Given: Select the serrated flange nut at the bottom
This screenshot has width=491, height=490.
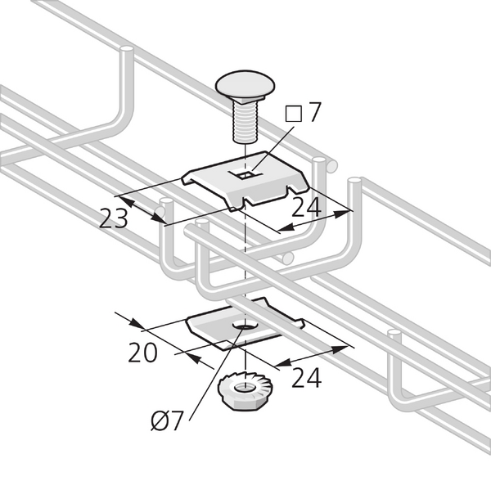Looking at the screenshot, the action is [245, 391].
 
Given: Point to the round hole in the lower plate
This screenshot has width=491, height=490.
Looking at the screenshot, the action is [245, 326].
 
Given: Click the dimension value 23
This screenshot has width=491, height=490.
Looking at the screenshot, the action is [114, 218].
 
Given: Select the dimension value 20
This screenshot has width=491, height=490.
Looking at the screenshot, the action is [142, 353].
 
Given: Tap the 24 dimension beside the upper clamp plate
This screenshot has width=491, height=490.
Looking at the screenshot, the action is [306, 207].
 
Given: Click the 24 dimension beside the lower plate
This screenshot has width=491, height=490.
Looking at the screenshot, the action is [306, 378].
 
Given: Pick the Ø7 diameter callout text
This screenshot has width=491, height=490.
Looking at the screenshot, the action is [167, 421].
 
